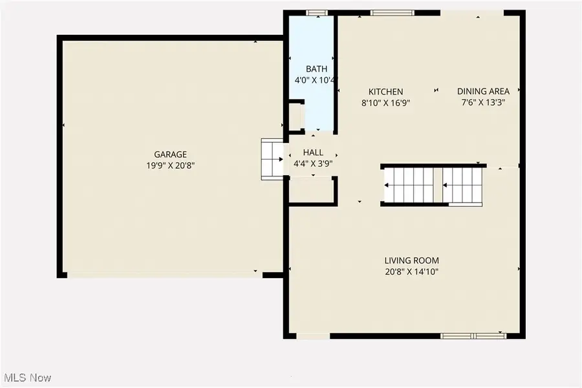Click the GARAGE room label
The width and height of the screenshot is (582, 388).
[170, 155]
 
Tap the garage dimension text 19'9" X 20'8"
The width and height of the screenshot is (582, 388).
[170, 166]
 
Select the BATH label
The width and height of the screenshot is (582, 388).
[316, 69]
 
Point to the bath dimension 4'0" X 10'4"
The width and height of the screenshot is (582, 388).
[313, 81]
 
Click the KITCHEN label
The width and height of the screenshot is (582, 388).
[385, 92]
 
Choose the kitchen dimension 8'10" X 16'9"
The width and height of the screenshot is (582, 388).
[385, 103]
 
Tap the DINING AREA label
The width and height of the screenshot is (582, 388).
[483, 92]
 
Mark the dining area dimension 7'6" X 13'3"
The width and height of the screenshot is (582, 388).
[483, 102]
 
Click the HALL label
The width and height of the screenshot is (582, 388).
[313, 153]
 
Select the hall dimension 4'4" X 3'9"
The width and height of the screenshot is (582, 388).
[313, 164]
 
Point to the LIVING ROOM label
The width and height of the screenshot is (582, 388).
[411, 261]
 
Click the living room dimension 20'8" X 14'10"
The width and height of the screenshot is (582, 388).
[411, 272]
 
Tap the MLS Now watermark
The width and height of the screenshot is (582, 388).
[28, 377]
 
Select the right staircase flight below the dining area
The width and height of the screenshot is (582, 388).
[464, 186]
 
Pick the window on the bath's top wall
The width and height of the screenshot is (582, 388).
[316, 12]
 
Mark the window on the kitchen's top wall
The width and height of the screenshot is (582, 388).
[392, 12]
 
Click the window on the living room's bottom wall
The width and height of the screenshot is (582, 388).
[473, 336]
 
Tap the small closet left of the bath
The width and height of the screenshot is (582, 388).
[296, 117]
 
